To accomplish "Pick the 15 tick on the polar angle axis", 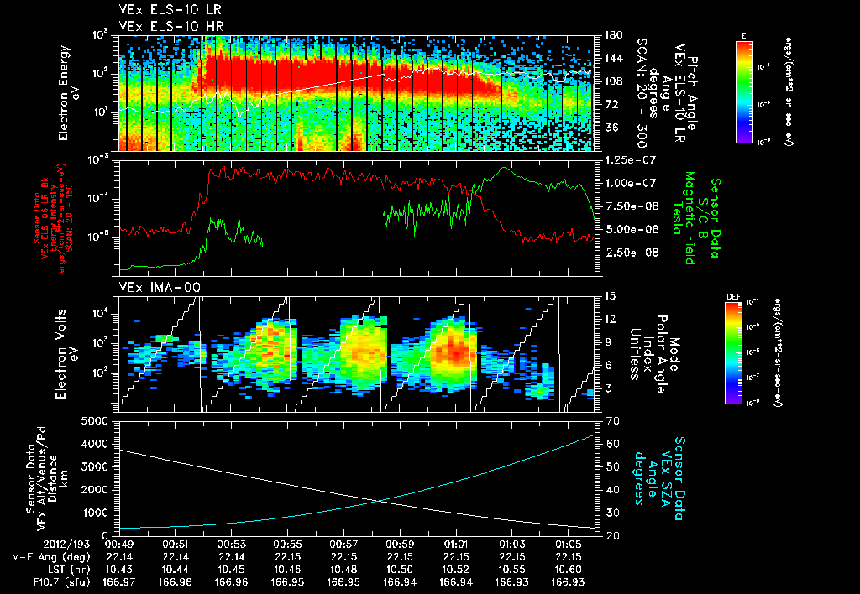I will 608,296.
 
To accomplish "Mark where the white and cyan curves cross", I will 379,501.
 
